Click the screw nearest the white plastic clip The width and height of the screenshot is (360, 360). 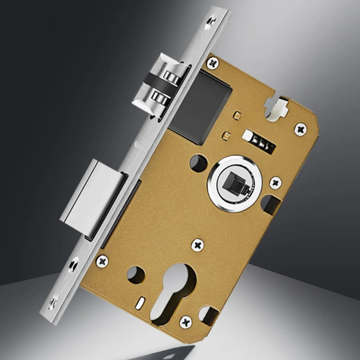click(301, 129)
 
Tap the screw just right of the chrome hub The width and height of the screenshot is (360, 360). click(275, 182)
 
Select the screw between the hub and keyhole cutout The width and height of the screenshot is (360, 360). click(197, 245)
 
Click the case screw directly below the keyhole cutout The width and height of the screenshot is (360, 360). click(186, 322)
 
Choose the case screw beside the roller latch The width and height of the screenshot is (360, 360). click(213, 62)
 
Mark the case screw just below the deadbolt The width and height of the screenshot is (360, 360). click(102, 261)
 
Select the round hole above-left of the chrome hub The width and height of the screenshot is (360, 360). click(198, 163)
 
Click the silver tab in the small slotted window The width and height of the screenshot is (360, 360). click(248, 136)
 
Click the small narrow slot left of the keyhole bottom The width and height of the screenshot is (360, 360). click(140, 302)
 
